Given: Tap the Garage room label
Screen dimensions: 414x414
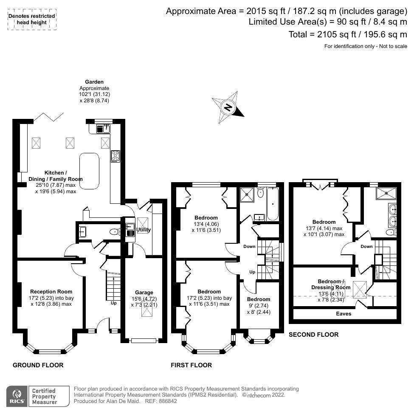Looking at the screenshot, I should pyautogui.click(x=144, y=293).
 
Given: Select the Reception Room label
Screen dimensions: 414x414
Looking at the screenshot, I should pyautogui.click(x=51, y=291).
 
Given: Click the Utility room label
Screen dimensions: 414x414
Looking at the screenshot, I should pyautogui.click(x=143, y=230).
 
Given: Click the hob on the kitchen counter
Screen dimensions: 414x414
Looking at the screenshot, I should pyautogui.click(x=115, y=156).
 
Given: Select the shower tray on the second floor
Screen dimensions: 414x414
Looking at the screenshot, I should pyautogui.click(x=386, y=194).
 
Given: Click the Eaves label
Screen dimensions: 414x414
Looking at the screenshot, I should pyautogui.click(x=344, y=314).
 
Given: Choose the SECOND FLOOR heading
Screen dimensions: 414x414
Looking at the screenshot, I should pyautogui.click(x=313, y=335).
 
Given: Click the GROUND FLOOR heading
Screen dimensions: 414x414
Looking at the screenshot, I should pyautogui.click(x=38, y=365).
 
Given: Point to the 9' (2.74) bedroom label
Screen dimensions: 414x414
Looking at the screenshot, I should pyautogui.click(x=259, y=305).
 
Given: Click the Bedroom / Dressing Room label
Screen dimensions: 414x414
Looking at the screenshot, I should pyautogui.click(x=334, y=284).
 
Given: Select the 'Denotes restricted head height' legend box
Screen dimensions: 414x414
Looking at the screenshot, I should pyautogui.click(x=32, y=19).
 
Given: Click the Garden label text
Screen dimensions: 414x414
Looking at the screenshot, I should pyautogui.click(x=94, y=82).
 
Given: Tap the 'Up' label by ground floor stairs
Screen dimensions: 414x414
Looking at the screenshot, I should pyautogui.click(x=113, y=304).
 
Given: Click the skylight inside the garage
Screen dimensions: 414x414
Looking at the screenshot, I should pyautogui.click(x=146, y=311).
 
